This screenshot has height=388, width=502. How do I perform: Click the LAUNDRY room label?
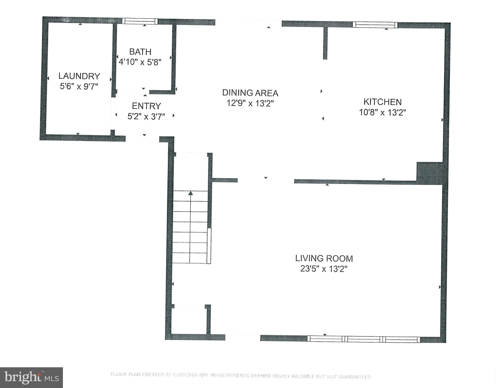click(79, 76)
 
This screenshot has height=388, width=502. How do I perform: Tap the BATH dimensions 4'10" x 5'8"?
click(140, 62)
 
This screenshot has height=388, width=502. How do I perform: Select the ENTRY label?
click(146, 106)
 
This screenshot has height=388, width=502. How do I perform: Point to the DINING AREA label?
click(250, 93)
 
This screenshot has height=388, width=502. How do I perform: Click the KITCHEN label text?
click(383, 102)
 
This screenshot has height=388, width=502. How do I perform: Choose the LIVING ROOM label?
click(324, 258)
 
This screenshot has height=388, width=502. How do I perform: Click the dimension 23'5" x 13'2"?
click(324, 269)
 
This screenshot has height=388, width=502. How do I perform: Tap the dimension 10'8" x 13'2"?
click(383, 112)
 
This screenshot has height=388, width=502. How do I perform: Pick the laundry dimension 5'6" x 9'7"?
click(79, 86)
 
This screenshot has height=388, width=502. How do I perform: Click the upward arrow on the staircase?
click(190, 194)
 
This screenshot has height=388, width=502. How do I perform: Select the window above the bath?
click(140, 21)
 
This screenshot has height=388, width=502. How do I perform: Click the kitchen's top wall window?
click(375, 25)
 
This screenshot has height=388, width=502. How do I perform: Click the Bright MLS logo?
click(31, 378)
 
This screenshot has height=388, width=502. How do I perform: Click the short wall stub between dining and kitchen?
click(325, 43)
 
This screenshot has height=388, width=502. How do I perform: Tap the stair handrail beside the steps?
click(209, 246)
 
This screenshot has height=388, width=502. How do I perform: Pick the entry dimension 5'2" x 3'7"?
click(146, 116)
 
